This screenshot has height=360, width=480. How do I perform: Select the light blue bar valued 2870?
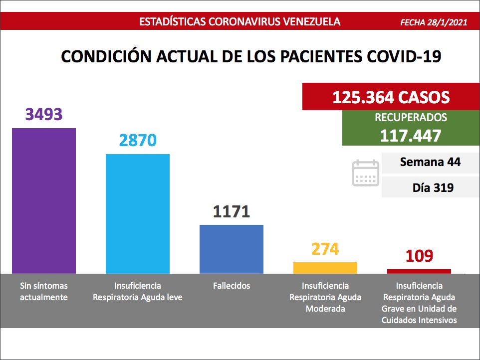click(138, 213)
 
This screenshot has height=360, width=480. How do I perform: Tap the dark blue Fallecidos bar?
click(232, 249)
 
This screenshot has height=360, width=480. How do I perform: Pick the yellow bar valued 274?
click(325, 268)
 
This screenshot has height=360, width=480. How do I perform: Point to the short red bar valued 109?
click(419, 271)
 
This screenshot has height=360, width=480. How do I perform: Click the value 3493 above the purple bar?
click(44, 114)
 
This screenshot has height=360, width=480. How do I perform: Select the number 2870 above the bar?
click(138, 140)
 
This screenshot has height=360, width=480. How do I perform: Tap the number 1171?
click(232, 211)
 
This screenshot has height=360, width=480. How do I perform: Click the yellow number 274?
click(325, 249)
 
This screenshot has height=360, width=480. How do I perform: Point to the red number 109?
click(419, 256)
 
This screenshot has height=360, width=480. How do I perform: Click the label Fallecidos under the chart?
click(232, 286)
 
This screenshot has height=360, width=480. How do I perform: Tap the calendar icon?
click(366, 173)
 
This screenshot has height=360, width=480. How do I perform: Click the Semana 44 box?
click(430, 162)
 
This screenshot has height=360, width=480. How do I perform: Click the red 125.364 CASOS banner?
click(391, 97)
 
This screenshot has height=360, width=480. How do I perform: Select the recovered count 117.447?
click(411, 135)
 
